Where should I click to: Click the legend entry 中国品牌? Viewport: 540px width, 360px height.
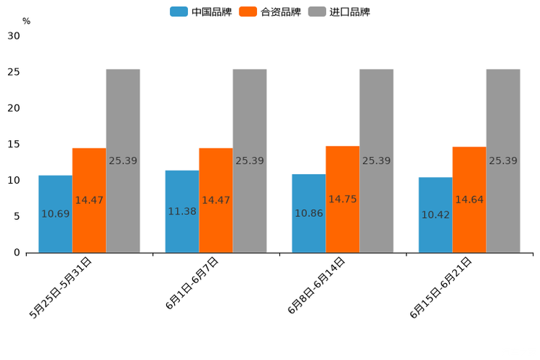coord(201,12)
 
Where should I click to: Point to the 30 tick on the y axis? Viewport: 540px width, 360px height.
coord(14,36)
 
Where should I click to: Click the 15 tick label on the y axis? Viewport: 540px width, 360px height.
coord(14,144)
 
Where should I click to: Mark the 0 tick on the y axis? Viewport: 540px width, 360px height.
coord(17,253)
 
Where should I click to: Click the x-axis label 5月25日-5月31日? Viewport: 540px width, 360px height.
coord(61,288)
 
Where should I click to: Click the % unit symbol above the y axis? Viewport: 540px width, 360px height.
coord(26,21)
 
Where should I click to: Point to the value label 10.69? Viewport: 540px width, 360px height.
coord(55,213)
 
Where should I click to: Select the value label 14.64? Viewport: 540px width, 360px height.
coord(469,200)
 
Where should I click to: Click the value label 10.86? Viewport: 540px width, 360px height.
coord(308,213)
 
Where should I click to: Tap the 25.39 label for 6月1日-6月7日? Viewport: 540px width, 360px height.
coord(250,160)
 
